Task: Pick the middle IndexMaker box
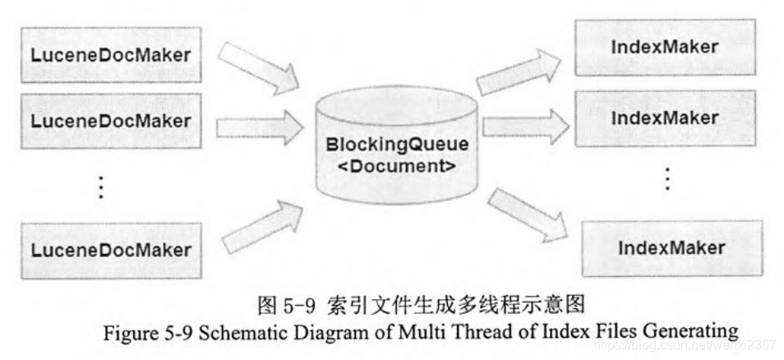pos(665,118)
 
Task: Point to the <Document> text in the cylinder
pos(398,164)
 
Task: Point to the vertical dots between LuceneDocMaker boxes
pos(101,187)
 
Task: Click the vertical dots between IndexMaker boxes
pos(667,178)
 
